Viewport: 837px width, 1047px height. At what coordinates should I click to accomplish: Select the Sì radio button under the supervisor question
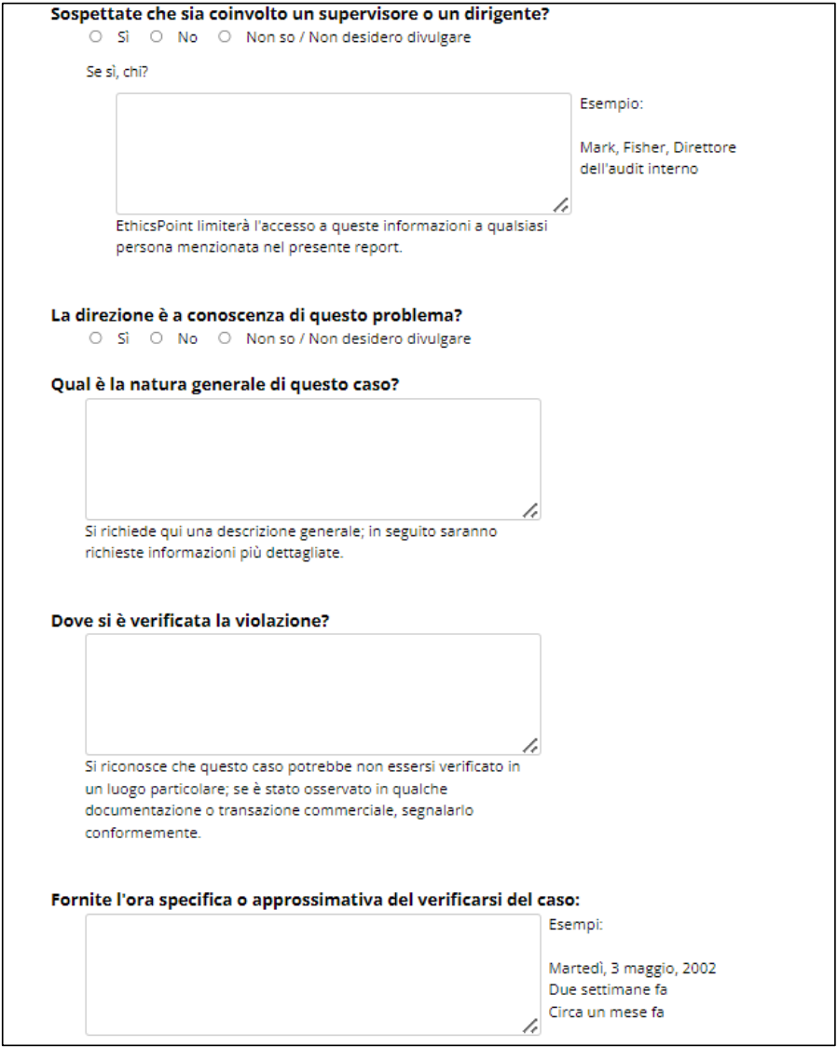point(95,37)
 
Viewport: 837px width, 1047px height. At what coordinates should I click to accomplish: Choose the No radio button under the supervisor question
point(157,37)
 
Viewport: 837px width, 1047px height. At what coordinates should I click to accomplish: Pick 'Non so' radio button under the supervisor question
point(225,37)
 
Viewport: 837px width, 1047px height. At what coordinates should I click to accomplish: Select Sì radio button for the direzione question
point(95,338)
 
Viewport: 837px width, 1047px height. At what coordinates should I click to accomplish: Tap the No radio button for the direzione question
point(157,338)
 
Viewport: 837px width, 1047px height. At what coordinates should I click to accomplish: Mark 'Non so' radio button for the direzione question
point(225,338)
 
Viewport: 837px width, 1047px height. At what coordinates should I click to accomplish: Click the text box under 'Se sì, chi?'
point(343,154)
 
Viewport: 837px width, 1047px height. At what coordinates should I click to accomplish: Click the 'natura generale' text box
point(312,459)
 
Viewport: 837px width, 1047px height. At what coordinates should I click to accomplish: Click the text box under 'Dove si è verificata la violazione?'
point(312,694)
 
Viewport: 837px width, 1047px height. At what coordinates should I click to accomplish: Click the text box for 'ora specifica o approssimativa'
point(312,973)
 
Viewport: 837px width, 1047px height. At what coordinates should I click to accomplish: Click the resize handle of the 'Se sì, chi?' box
point(561,205)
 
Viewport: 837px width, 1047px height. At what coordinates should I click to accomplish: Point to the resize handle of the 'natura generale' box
point(530,510)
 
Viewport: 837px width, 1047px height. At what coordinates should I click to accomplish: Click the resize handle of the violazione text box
point(530,745)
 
